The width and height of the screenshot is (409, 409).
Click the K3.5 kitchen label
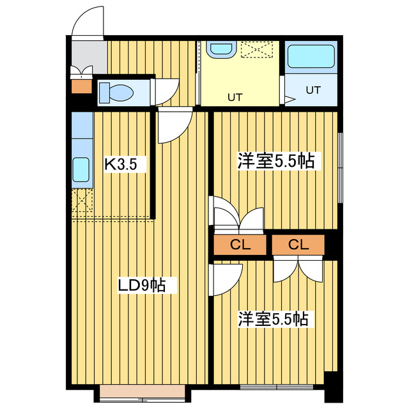click(121, 165)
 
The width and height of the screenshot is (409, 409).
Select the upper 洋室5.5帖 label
click(275, 160)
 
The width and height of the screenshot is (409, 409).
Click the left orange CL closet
click(239, 245)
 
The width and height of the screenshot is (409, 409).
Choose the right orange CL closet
click(298, 245)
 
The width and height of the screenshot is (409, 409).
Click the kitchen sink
click(81, 170)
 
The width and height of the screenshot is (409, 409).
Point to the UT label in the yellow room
click(235, 98)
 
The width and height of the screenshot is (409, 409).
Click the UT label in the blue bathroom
click(312, 90)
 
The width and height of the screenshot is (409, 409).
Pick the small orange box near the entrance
click(81, 86)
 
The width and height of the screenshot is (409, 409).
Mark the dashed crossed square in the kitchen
click(82, 201)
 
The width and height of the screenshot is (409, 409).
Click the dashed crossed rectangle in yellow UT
click(258, 49)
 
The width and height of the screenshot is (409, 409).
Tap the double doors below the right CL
click(298, 268)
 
